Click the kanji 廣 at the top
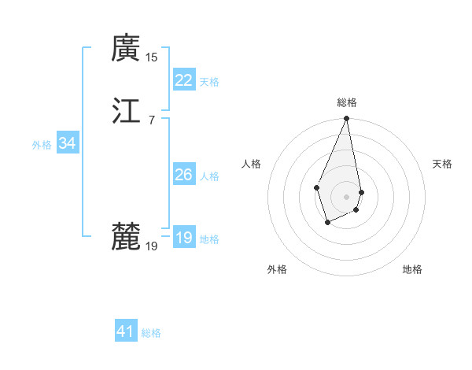coord(126,49)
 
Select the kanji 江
coord(126,109)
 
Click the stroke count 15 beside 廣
coord(152,57)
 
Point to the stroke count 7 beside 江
coord(152,119)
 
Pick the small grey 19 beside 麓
coord(152,246)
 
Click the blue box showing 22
coord(183,80)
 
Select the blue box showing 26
coord(183,175)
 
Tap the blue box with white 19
coord(183,238)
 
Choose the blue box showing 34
coord(67,143)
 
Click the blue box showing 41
coord(126,331)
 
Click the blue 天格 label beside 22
coord(209,82)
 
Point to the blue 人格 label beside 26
coord(209,176)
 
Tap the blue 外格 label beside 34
coord(42,145)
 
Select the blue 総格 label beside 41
coord(152,333)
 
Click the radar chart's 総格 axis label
coord(347,102)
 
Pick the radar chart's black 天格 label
coord(443,164)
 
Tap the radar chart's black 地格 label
coord(412,269)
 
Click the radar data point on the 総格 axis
coord(347,119)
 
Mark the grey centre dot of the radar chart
coord(347,196)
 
